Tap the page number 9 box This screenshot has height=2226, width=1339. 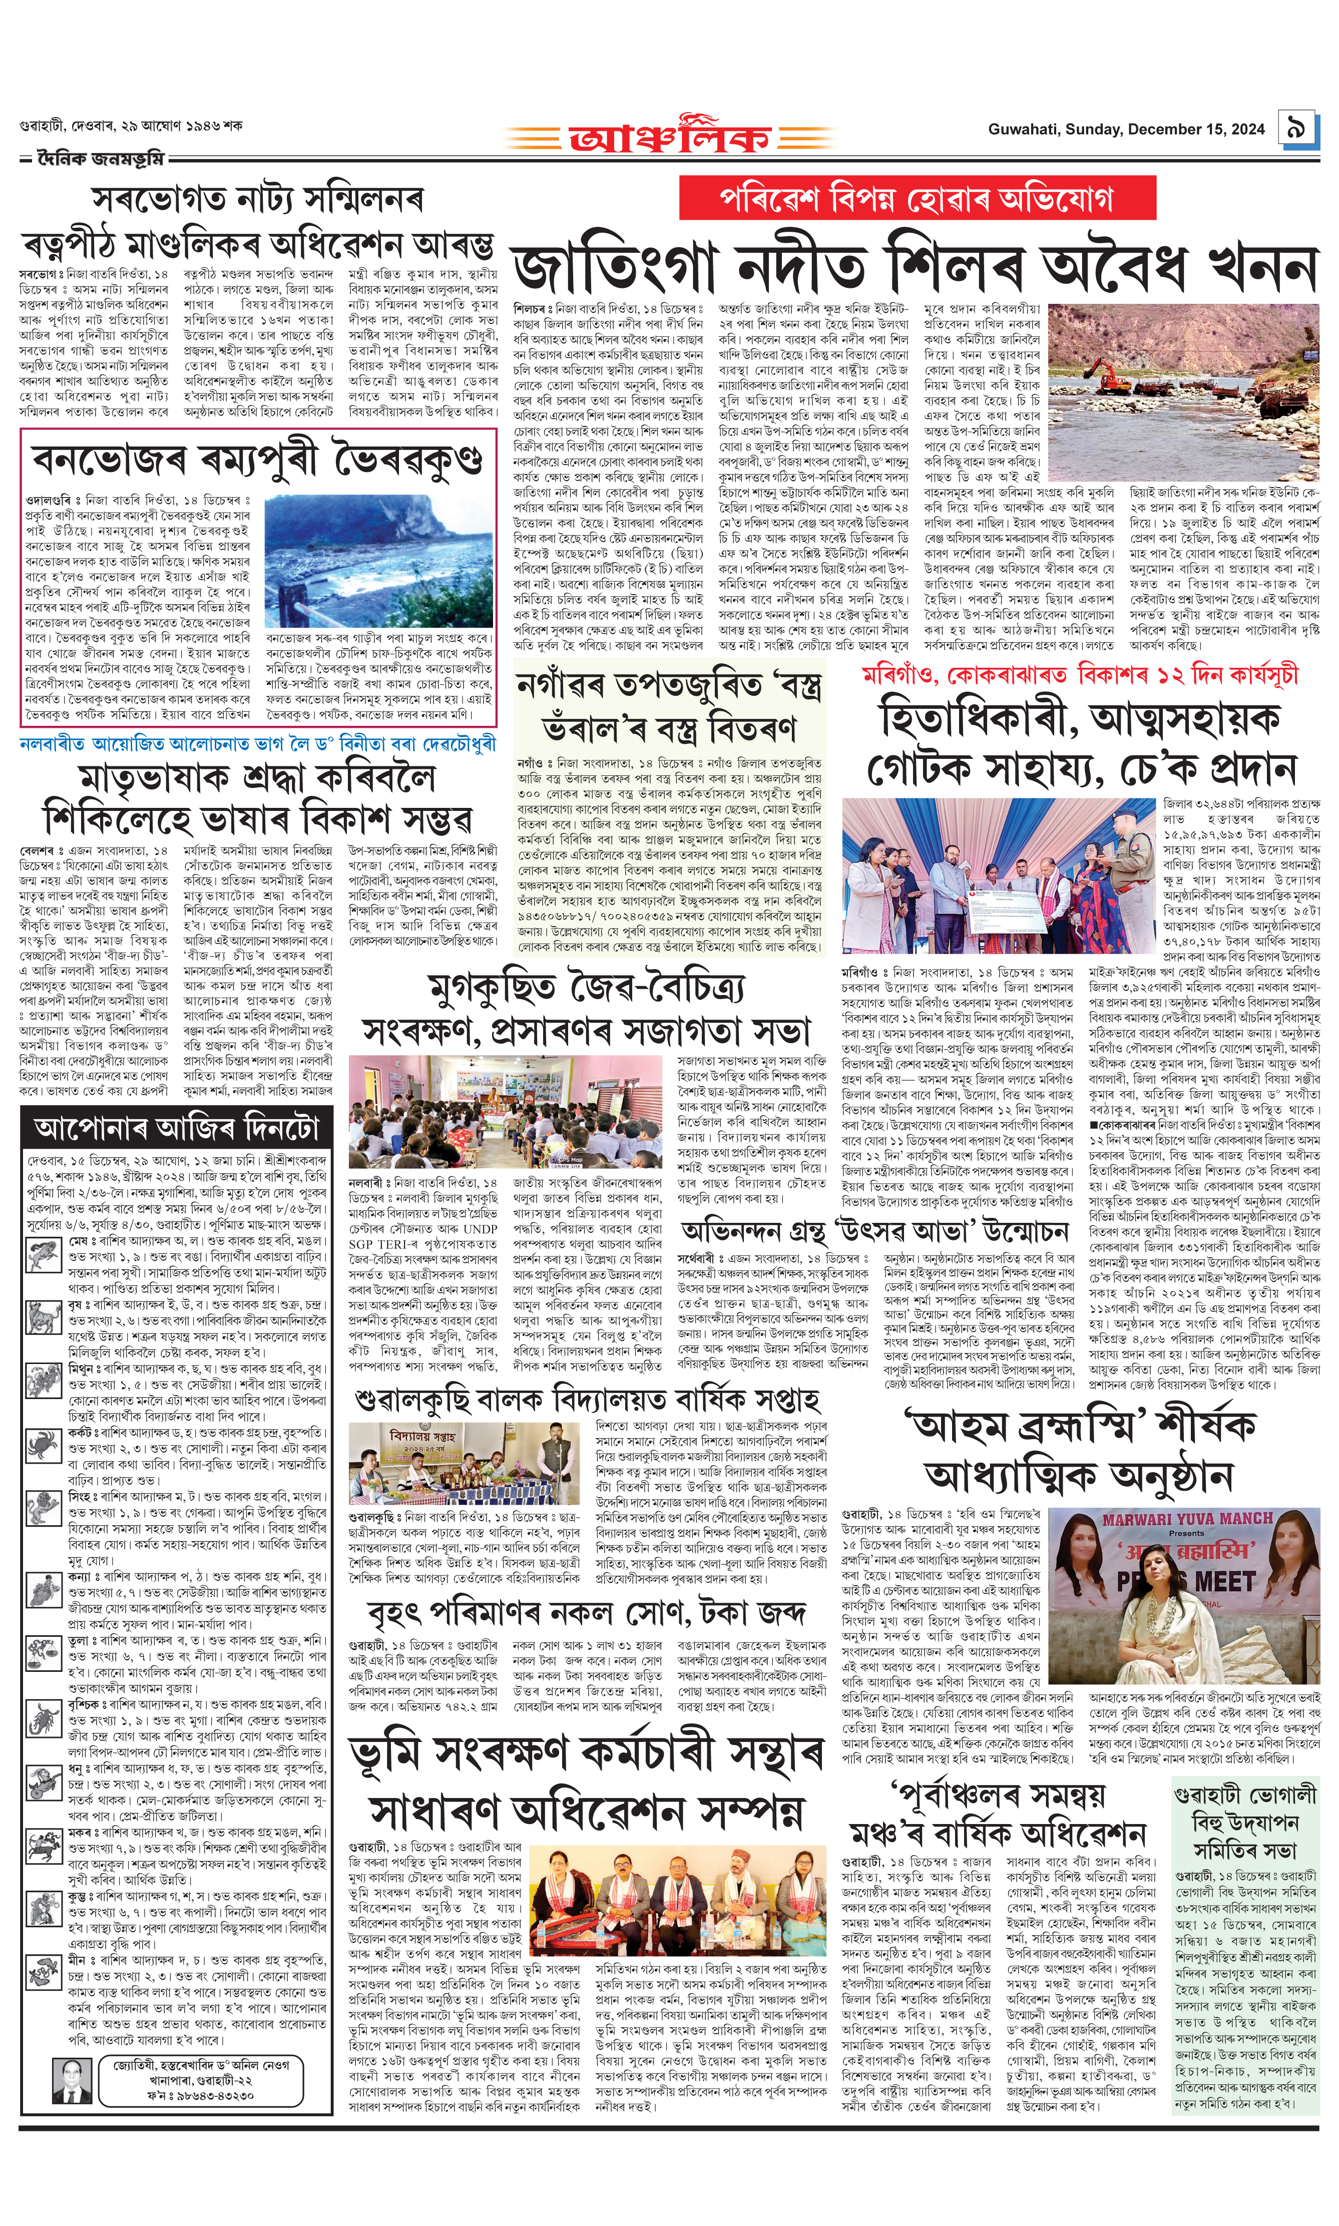click(x=1296, y=128)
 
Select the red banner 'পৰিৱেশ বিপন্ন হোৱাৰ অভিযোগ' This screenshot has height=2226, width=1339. click(x=917, y=199)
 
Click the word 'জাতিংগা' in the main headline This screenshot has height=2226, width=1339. click(x=614, y=266)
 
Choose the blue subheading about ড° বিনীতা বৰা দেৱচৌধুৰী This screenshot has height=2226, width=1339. click(x=258, y=743)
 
